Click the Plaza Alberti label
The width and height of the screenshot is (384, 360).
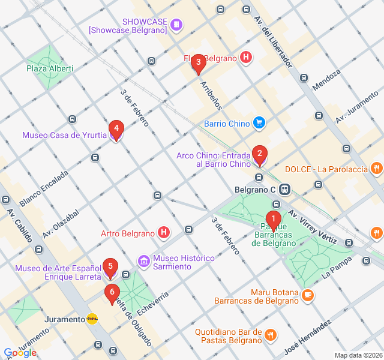tap(49, 68)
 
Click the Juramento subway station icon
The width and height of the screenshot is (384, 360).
tap(92, 319)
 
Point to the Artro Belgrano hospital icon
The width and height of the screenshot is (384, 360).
tap(163, 232)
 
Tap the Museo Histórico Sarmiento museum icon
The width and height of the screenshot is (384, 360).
tap(143, 262)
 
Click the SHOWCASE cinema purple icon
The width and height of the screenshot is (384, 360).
tap(176, 25)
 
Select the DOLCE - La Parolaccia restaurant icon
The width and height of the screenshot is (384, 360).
tap(377, 169)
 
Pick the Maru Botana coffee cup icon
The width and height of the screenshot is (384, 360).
tap(308, 295)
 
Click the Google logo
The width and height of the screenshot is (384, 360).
tap(20, 353)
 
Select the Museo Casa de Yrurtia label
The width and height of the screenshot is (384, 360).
tap(65, 135)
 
